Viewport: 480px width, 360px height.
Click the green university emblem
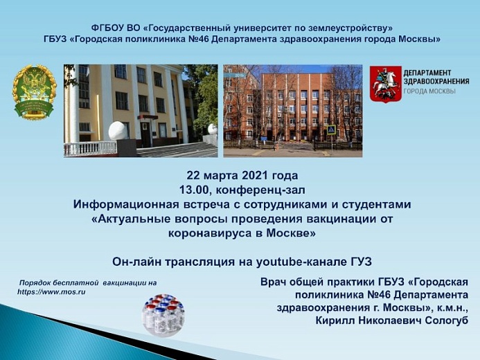click(x=35, y=92)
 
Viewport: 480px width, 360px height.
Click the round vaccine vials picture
click(x=163, y=315)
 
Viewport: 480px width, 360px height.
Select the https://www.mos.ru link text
click(x=51, y=291)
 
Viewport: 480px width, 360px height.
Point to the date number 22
click(x=193, y=176)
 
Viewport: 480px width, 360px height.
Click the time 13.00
click(x=194, y=190)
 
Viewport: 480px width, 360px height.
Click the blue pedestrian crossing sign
click(x=331, y=129)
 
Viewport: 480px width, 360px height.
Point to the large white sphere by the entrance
click(x=118, y=131)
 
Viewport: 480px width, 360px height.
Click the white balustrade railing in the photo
click(x=90, y=149)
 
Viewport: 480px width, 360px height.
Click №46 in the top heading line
click(x=200, y=39)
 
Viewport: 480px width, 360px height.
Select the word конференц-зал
click(x=260, y=190)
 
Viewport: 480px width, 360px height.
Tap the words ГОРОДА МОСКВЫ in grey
click(x=429, y=91)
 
